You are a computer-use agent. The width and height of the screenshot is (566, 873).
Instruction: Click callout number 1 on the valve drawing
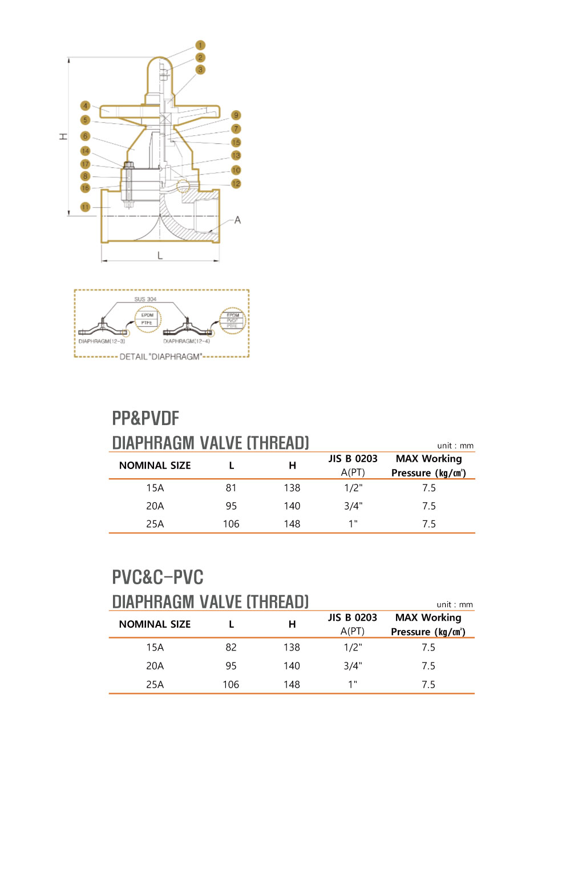[x=200, y=45]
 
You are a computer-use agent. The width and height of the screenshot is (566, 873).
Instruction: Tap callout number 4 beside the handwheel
[x=85, y=106]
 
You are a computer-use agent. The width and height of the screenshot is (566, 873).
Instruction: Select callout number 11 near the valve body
[x=85, y=207]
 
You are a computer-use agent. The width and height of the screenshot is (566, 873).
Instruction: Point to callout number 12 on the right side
[x=236, y=184]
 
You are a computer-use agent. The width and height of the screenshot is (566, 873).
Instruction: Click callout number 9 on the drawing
[x=236, y=115]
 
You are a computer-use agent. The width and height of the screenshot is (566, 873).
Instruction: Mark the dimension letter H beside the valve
[x=63, y=136]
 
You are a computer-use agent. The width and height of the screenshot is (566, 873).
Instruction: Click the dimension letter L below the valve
[x=160, y=256]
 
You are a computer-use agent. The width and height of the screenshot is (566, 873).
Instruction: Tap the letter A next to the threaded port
[x=237, y=220]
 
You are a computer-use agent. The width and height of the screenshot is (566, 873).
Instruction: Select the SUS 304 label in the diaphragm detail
[x=145, y=299]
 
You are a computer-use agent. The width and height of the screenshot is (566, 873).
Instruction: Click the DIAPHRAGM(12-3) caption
[x=102, y=341]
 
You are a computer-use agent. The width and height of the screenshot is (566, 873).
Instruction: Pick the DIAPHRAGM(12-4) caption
[x=187, y=341]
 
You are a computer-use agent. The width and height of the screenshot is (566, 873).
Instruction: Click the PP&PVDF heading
[x=145, y=418]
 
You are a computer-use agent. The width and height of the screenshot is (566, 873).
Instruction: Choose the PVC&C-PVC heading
[x=157, y=577]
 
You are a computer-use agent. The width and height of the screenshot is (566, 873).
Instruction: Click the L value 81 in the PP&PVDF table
[x=231, y=488]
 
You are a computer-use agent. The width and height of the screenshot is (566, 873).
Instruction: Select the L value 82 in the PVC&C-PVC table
[x=231, y=647]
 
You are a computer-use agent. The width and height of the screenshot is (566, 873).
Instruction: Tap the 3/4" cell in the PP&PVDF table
[x=353, y=506]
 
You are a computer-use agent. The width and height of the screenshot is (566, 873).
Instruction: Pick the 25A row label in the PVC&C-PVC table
[x=155, y=684]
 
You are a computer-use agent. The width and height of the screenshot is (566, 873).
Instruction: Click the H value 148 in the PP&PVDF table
[x=292, y=524]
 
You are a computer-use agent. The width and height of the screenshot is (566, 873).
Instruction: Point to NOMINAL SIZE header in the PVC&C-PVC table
[x=155, y=624]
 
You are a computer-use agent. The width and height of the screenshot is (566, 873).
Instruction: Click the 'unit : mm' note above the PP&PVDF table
[x=455, y=446]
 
